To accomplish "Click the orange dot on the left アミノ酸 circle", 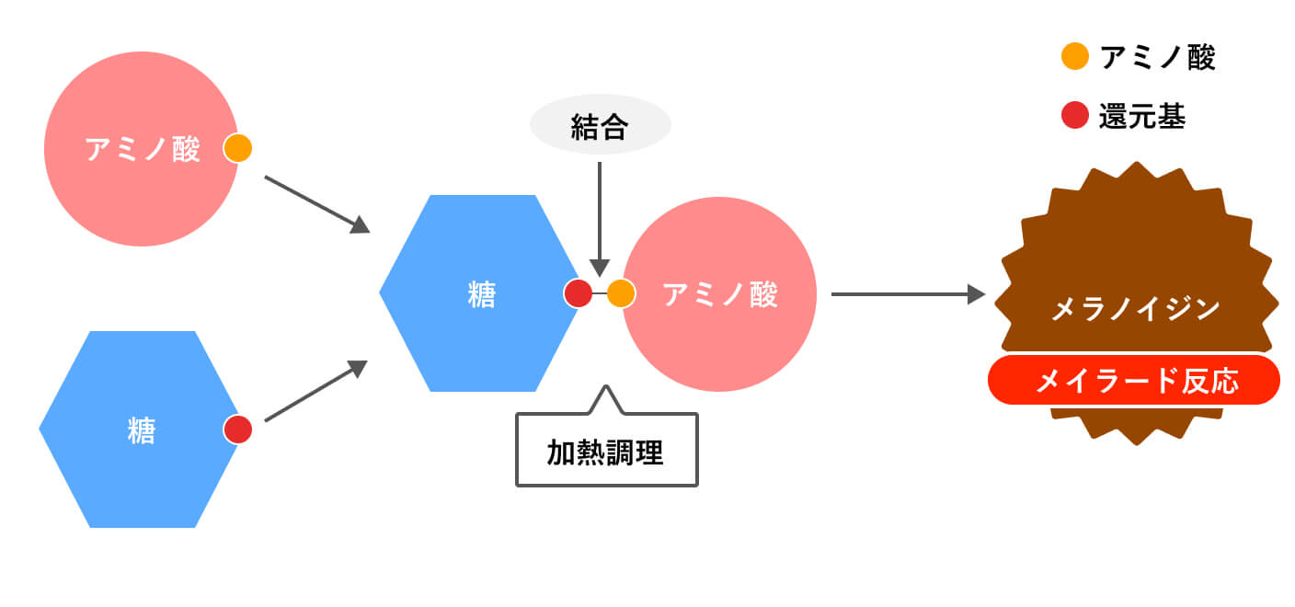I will click(237, 148).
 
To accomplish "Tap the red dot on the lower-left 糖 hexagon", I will click(237, 429).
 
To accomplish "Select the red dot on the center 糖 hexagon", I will click(578, 293).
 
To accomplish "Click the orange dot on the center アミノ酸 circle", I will click(621, 293).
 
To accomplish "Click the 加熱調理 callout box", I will click(606, 450).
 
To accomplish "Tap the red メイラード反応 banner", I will click(1133, 380).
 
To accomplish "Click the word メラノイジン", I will click(1135, 308).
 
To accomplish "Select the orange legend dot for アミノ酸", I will click(1074, 57).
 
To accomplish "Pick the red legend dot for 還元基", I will click(1074, 116).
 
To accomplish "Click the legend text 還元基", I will click(1141, 117).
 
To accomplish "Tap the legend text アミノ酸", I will click(1157, 57).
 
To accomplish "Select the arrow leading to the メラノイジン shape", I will click(907, 294).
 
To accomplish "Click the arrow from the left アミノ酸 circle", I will click(316, 203).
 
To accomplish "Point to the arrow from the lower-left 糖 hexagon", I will click(315, 393).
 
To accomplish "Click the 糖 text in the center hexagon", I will click(481, 294).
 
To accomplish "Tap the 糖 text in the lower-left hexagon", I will click(141, 430).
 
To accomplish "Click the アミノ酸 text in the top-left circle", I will click(143, 149).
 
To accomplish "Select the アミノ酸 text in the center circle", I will click(720, 294).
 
